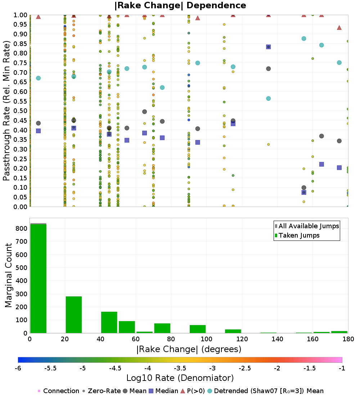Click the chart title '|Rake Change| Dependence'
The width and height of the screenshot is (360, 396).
[180, 5]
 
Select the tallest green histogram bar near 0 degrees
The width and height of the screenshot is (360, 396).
[39, 279]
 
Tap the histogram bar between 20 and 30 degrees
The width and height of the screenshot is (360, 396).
[74, 315]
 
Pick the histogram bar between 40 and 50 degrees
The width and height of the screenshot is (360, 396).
[109, 323]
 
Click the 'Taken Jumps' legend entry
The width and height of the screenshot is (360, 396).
[297, 235]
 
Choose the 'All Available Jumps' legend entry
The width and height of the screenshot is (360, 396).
[307, 226]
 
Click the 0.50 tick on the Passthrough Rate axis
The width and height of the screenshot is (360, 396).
[20, 111]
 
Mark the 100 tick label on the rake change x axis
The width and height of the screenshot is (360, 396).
[206, 339]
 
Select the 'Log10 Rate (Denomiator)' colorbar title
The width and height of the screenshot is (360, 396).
[180, 378]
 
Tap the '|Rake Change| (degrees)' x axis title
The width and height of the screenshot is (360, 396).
[189, 349]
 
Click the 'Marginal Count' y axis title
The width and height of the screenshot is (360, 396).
[8, 275]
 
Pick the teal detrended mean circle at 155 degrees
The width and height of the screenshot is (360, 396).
[304, 39]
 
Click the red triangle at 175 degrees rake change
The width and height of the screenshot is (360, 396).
[339, 27]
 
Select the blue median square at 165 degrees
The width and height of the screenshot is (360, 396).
[321, 164]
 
